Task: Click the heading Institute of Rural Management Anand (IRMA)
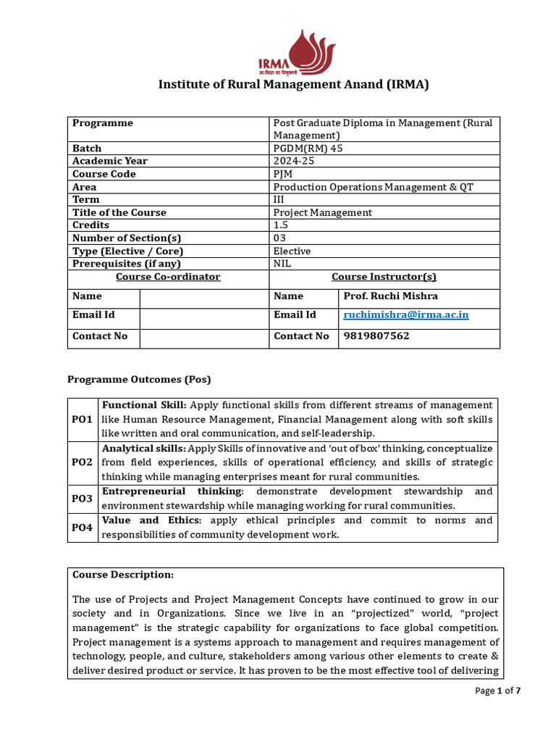point(294,85)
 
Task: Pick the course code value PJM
point(283,174)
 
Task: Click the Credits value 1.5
point(281,225)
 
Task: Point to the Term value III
point(279,199)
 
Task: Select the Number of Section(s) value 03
point(279,238)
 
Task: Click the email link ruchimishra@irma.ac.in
point(405,314)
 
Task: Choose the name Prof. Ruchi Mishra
point(390,296)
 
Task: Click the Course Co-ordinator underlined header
point(168,277)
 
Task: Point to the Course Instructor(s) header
point(384,277)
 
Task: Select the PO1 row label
point(82,420)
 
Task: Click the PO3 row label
point(82,499)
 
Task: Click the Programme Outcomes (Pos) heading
point(139,379)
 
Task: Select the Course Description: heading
point(123,575)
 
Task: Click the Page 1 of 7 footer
point(497,691)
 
